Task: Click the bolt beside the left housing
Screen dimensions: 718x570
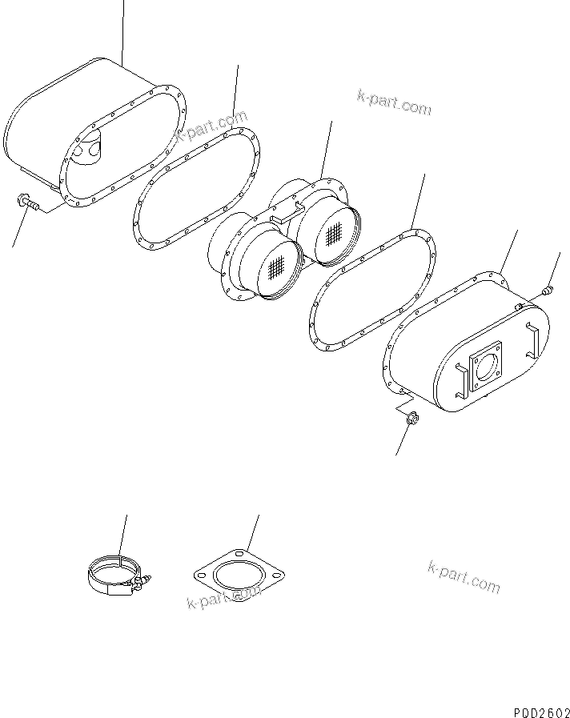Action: click(29, 206)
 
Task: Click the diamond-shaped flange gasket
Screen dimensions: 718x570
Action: click(239, 577)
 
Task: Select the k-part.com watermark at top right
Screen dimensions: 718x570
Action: click(394, 102)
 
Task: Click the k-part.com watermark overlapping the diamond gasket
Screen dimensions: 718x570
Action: click(224, 597)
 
